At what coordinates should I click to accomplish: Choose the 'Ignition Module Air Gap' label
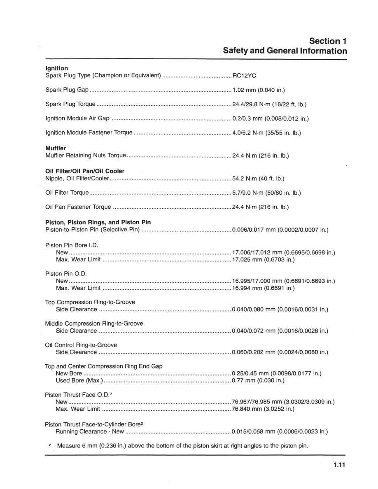coord(77,119)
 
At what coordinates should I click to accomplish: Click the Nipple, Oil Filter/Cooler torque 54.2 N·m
coord(259,178)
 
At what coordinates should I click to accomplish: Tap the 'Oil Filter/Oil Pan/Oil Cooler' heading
coord(84,171)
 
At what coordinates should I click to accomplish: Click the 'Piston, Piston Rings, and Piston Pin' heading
coord(98,223)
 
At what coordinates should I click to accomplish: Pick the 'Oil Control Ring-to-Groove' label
coord(81,345)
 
